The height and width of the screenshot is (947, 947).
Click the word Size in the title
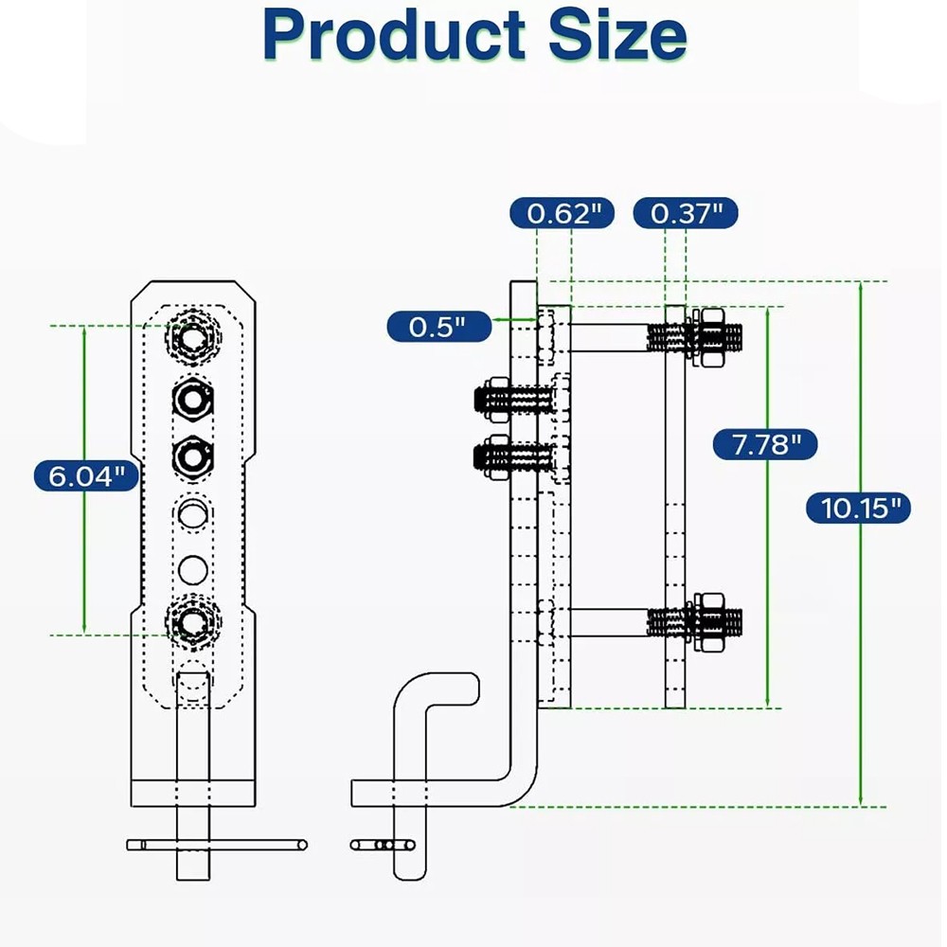(615, 35)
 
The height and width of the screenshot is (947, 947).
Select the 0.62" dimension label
(563, 213)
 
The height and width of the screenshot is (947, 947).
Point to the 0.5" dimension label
(438, 328)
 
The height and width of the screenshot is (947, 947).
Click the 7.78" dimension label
(761, 442)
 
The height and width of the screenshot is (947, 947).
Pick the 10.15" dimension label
(859, 509)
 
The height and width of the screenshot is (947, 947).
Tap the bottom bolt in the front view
(193, 622)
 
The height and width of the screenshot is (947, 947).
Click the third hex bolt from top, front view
(193, 457)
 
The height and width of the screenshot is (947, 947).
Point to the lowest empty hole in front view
(193, 569)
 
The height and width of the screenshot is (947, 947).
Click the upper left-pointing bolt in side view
(511, 400)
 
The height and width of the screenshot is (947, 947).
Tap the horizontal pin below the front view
(218, 844)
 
